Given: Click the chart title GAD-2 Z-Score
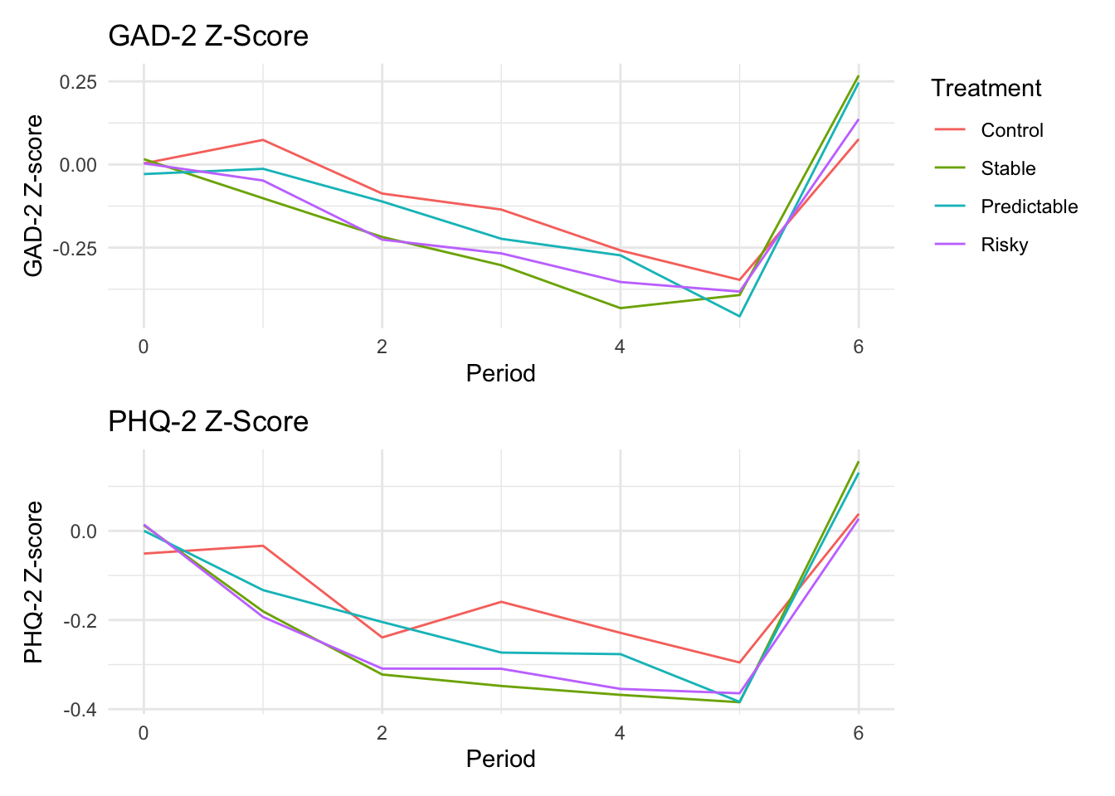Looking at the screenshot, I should click(208, 36).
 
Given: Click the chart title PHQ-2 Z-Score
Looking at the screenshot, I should click(208, 422).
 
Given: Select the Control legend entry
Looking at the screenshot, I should click(1011, 130).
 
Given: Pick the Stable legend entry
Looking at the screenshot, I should click(1008, 168).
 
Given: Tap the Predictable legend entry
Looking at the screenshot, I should click(1029, 206).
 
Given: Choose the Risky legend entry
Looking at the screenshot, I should click(1004, 245).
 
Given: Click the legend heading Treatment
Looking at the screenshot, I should click(986, 88).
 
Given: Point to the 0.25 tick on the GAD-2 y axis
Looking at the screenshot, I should click(78, 82).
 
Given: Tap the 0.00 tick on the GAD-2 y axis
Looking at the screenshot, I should click(78, 165).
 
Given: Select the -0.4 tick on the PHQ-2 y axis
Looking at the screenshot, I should click(80, 710).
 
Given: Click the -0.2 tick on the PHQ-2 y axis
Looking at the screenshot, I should click(80, 620).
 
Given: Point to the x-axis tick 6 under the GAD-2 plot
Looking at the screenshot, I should click(858, 347).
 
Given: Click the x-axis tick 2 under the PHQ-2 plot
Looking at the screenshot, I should click(382, 733).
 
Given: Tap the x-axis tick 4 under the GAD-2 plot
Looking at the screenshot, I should click(620, 347).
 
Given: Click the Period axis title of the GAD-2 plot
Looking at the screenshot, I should click(500, 373).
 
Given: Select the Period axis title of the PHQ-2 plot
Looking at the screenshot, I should click(500, 759).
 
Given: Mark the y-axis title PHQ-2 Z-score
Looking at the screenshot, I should click(33, 582).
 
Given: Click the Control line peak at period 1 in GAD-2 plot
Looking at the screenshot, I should click(263, 139).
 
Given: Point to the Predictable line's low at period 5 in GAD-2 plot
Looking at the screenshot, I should click(739, 316).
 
